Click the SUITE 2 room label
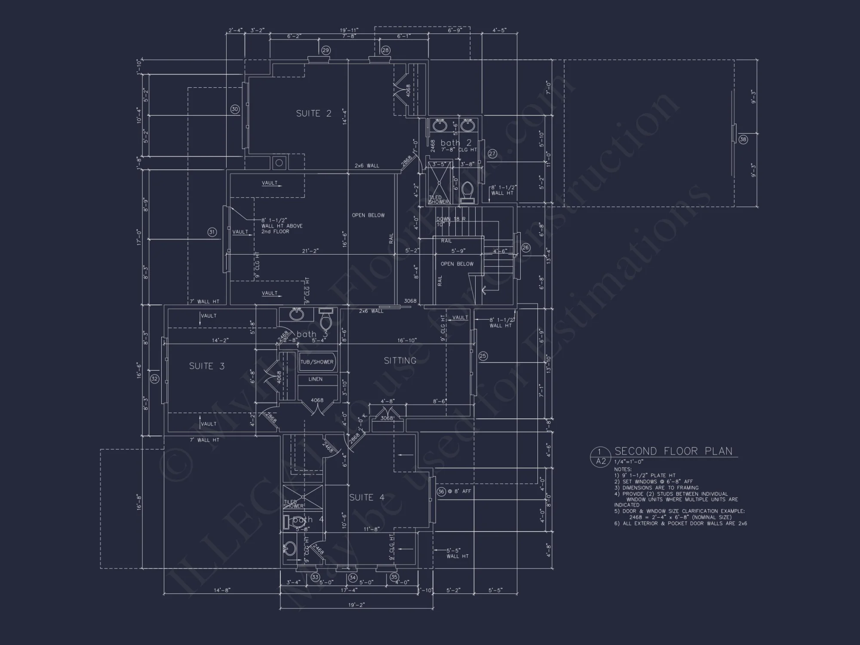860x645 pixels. coord(313,114)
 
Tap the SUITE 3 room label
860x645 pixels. coord(207,366)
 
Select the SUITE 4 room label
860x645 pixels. coord(367,498)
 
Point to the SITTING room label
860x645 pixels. coord(400,361)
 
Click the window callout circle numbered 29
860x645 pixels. coord(326,50)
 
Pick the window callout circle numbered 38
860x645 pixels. coord(743,139)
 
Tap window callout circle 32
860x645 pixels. coord(154,379)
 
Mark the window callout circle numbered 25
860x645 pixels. coord(483,356)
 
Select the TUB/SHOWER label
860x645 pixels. coord(317,362)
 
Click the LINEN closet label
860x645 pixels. coord(315,379)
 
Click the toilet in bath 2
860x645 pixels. coord(467,191)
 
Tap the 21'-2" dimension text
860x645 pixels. coord(310,251)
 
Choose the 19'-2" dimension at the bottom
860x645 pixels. coord(356,605)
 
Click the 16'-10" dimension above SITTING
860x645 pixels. coord(407,341)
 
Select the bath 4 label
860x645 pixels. coord(308,519)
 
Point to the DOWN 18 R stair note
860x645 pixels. coord(451,219)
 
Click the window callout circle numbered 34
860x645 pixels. coord(353,577)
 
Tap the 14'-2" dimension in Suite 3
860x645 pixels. coord(220,341)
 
